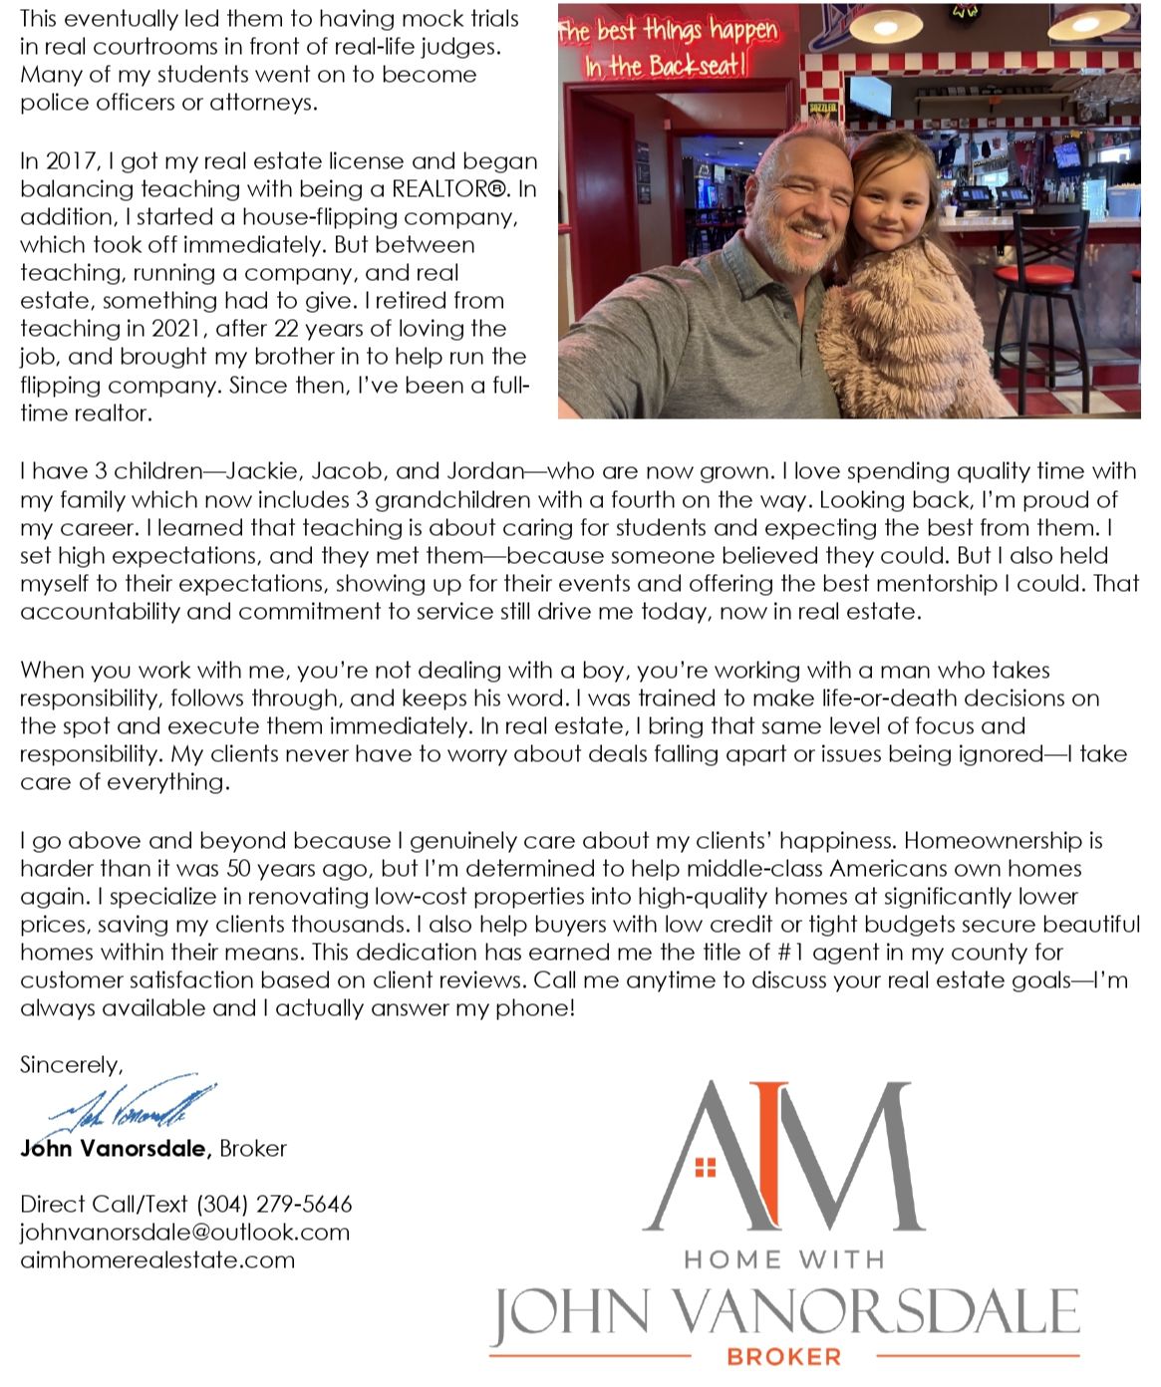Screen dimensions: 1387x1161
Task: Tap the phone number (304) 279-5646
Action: coord(274,1204)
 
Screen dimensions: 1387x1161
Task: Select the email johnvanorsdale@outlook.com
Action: coord(184,1232)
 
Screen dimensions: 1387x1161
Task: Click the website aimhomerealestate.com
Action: coord(157,1259)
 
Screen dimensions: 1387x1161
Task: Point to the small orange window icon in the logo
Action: coord(706,1167)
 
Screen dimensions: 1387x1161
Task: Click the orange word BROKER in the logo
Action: coord(783,1356)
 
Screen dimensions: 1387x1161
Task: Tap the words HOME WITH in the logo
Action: coord(783,1259)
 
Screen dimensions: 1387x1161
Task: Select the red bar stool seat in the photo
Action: coord(1026,272)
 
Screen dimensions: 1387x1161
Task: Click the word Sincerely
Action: coord(71,1064)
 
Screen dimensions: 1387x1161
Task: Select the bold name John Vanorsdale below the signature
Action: coord(115,1148)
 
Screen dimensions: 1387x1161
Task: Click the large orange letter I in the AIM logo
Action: coord(767,1156)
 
